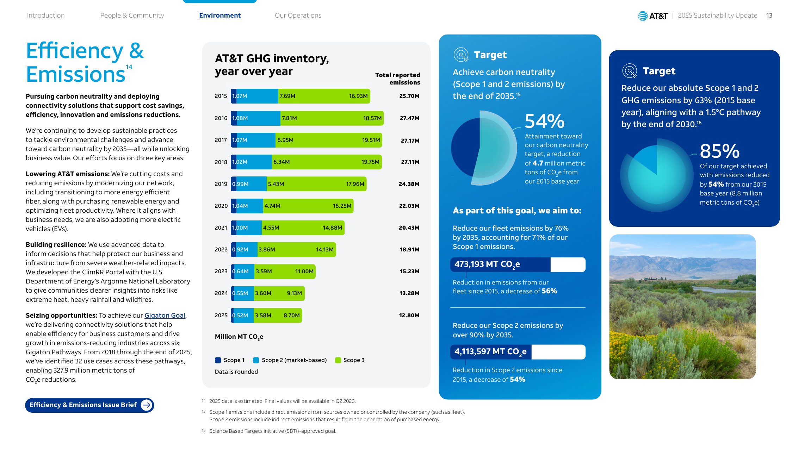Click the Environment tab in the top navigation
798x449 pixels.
[220, 15]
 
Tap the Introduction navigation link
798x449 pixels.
[46, 15]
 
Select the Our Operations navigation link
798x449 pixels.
[298, 15]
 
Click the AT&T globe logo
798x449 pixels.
[643, 16]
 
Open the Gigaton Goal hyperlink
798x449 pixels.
[165, 316]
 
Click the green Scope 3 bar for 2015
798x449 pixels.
[324, 96]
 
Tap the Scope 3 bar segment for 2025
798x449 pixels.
[278, 316]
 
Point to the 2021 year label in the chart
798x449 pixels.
[221, 228]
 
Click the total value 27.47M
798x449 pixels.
[409, 118]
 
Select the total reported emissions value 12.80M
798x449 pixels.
[409, 316]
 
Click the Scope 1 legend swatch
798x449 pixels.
[218, 360]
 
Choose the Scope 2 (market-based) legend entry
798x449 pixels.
[290, 360]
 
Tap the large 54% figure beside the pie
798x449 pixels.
[544, 121]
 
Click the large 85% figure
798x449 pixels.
[719, 151]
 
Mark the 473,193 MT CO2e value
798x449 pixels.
[487, 264]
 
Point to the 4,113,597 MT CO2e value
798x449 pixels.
[490, 352]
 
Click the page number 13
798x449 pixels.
[769, 15]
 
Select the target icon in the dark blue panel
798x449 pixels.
[630, 71]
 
